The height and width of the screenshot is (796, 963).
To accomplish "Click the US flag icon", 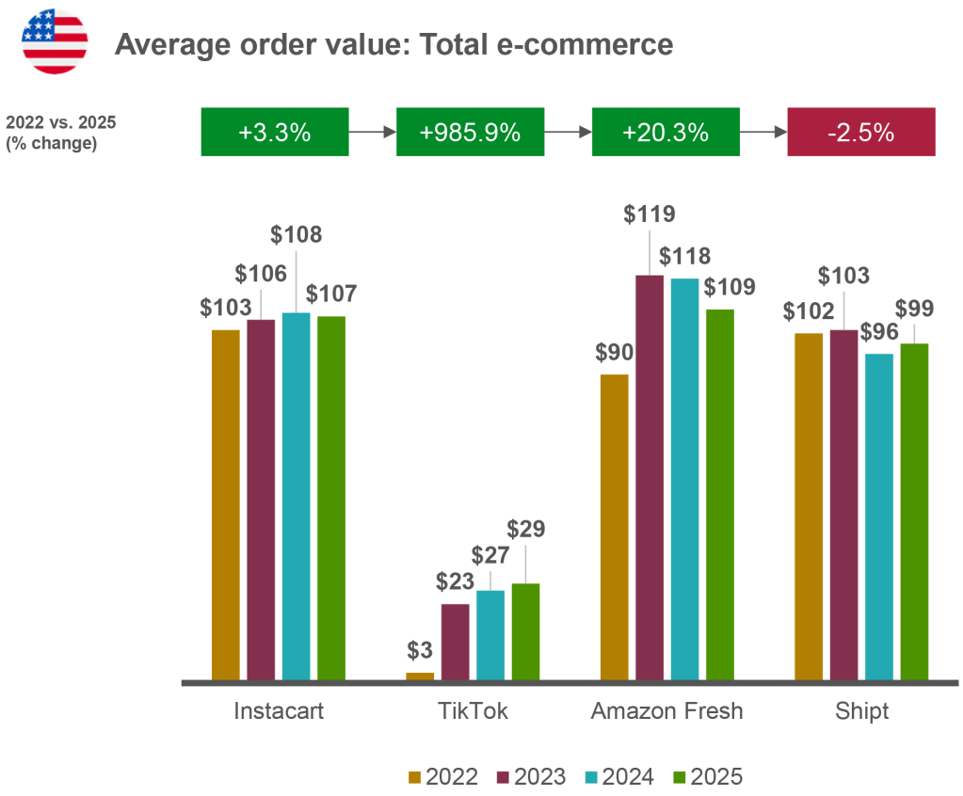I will click(55, 41).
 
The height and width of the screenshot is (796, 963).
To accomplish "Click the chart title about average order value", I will click(393, 44).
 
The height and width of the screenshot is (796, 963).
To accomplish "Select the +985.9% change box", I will click(470, 133).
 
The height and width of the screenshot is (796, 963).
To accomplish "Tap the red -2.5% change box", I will click(860, 133).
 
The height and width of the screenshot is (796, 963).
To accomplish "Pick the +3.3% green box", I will click(274, 133).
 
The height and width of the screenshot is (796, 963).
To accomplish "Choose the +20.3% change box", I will click(665, 133).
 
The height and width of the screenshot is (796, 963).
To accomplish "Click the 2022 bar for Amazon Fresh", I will click(614, 526).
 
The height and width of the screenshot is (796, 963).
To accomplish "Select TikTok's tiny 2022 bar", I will click(420, 675).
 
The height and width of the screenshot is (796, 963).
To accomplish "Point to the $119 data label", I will click(650, 214).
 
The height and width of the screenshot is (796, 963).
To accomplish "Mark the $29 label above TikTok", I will click(525, 529).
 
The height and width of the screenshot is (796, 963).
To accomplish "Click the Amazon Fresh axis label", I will click(666, 711).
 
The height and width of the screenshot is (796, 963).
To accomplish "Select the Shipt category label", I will click(861, 711).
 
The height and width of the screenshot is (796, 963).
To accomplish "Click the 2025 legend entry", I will click(707, 776).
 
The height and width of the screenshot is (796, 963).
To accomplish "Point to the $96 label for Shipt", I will click(879, 331).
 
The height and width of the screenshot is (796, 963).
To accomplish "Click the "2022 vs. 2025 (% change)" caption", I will click(60, 133).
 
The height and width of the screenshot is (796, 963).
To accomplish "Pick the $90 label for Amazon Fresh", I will click(614, 353).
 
